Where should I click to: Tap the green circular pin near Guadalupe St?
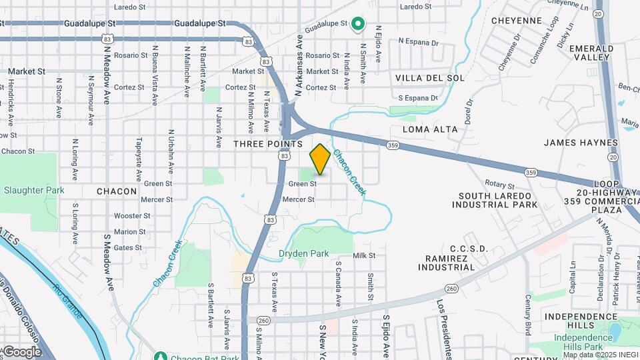pyautogui.click(x=357, y=25)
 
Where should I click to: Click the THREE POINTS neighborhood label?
pyautogui.click(x=268, y=144)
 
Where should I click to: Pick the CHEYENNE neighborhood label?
pyautogui.click(x=516, y=21)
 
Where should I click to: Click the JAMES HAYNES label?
pyautogui.click(x=581, y=143)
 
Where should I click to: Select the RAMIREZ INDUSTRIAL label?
pyautogui.click(x=456, y=262)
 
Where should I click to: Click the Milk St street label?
pyautogui.click(x=365, y=255)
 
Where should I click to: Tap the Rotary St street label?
pyautogui.click(x=500, y=185)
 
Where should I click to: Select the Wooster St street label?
pyautogui.click(x=132, y=216)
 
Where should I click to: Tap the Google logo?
pyautogui.click(x=21, y=351)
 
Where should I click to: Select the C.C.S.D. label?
pyautogui.click(x=469, y=249)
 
